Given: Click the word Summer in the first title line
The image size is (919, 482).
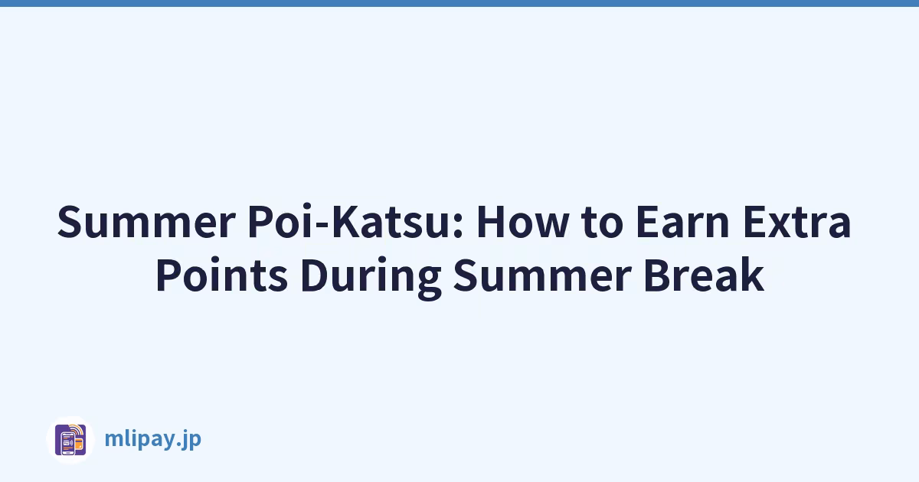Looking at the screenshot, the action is pyautogui.click(x=146, y=222).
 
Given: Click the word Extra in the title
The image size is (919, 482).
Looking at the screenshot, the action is pyautogui.click(x=797, y=222).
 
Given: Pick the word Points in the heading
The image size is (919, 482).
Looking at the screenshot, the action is pyautogui.click(x=221, y=274).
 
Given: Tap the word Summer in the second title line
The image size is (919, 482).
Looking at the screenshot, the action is pyautogui.click(x=541, y=275).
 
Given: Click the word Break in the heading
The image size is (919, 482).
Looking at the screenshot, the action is pyautogui.click(x=704, y=274).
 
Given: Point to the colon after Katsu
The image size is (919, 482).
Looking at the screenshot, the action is pyautogui.click(x=458, y=226).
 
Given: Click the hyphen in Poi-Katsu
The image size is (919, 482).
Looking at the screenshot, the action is pyautogui.click(x=322, y=226).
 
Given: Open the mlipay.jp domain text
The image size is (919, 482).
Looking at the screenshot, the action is pyautogui.click(x=153, y=439).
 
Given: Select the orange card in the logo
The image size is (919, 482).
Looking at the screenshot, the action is pyautogui.click(x=79, y=444).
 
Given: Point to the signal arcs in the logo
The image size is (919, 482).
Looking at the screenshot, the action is pyautogui.click(x=77, y=430).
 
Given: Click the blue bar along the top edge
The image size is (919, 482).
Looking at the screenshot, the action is pyautogui.click(x=459, y=3).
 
